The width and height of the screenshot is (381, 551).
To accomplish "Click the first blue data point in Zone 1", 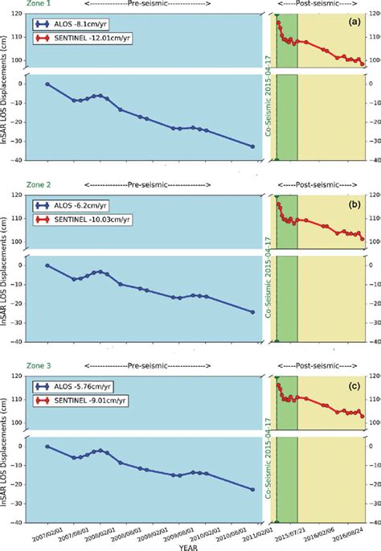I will [47, 84].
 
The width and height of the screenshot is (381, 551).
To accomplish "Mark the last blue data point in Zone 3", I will [253, 467].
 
